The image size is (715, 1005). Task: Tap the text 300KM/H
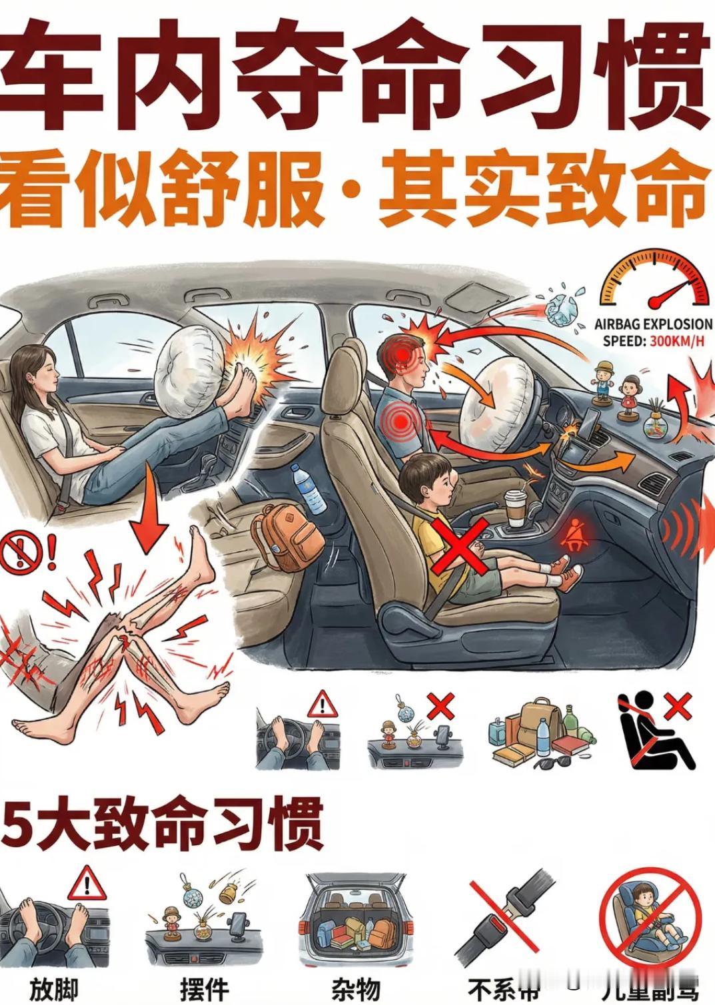tap(675, 342)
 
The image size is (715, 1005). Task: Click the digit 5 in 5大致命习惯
tap(17, 825)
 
